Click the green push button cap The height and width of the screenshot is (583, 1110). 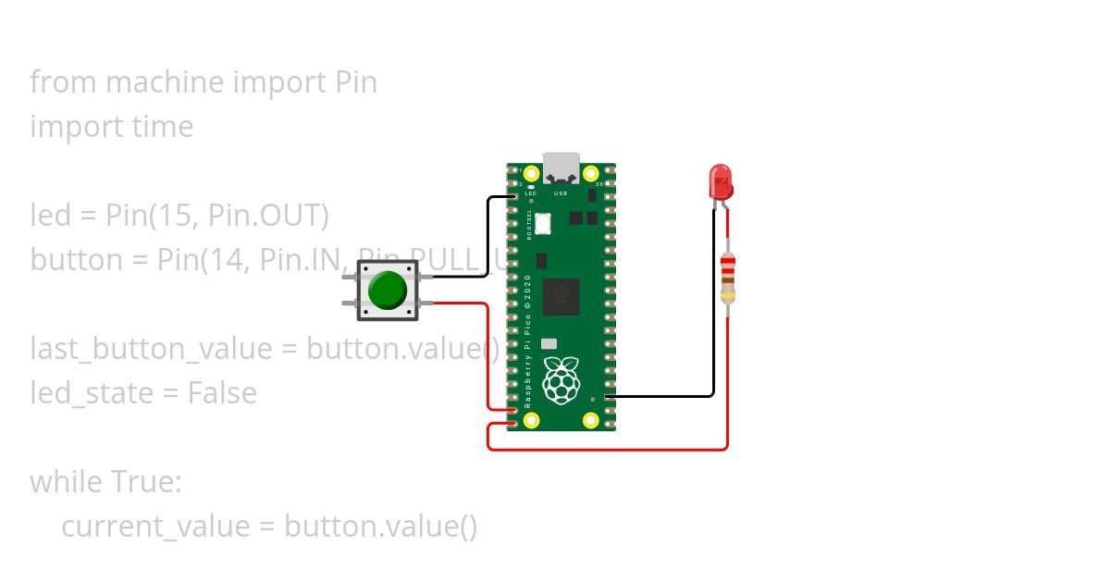[387, 290]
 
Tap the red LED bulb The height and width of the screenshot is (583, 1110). [720, 180]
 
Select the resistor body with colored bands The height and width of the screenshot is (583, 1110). [728, 278]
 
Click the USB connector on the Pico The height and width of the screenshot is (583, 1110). [561, 168]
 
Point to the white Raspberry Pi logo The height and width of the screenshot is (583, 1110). [561, 380]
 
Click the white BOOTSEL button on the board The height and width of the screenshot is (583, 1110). [543, 223]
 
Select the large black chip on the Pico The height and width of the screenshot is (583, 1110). [561, 296]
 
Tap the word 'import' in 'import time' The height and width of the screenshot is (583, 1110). [74, 127]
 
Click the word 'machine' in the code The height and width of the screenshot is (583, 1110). [165, 82]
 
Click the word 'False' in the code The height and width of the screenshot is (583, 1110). [222, 393]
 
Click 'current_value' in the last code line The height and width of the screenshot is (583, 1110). [155, 527]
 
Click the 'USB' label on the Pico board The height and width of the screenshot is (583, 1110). [561, 194]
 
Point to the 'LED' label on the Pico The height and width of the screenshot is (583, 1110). [531, 194]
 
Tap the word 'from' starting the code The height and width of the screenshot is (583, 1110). [64, 82]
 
